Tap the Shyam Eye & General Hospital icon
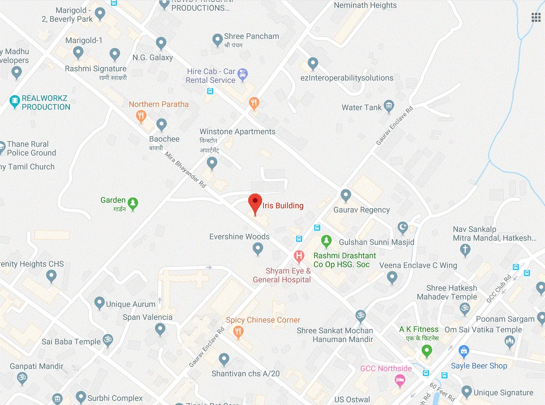pyautogui.click(x=299, y=255)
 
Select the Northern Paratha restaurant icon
pyautogui.click(x=142, y=116)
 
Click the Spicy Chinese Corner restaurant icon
pyautogui.click(x=238, y=331)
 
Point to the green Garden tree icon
pyautogui.click(x=133, y=203)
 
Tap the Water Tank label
pyautogui.click(x=362, y=107)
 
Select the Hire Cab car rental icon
pyautogui.click(x=242, y=74)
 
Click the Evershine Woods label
pyautogui.click(x=239, y=237)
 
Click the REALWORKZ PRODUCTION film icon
pyautogui.click(x=15, y=100)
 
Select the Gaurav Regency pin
pyautogui.click(x=345, y=195)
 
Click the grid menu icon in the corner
pyautogui.click(x=536, y=18)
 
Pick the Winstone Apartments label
pyautogui.click(x=237, y=131)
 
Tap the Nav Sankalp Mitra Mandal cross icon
pyautogui.click(x=465, y=250)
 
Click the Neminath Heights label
pyautogui.click(x=365, y=6)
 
